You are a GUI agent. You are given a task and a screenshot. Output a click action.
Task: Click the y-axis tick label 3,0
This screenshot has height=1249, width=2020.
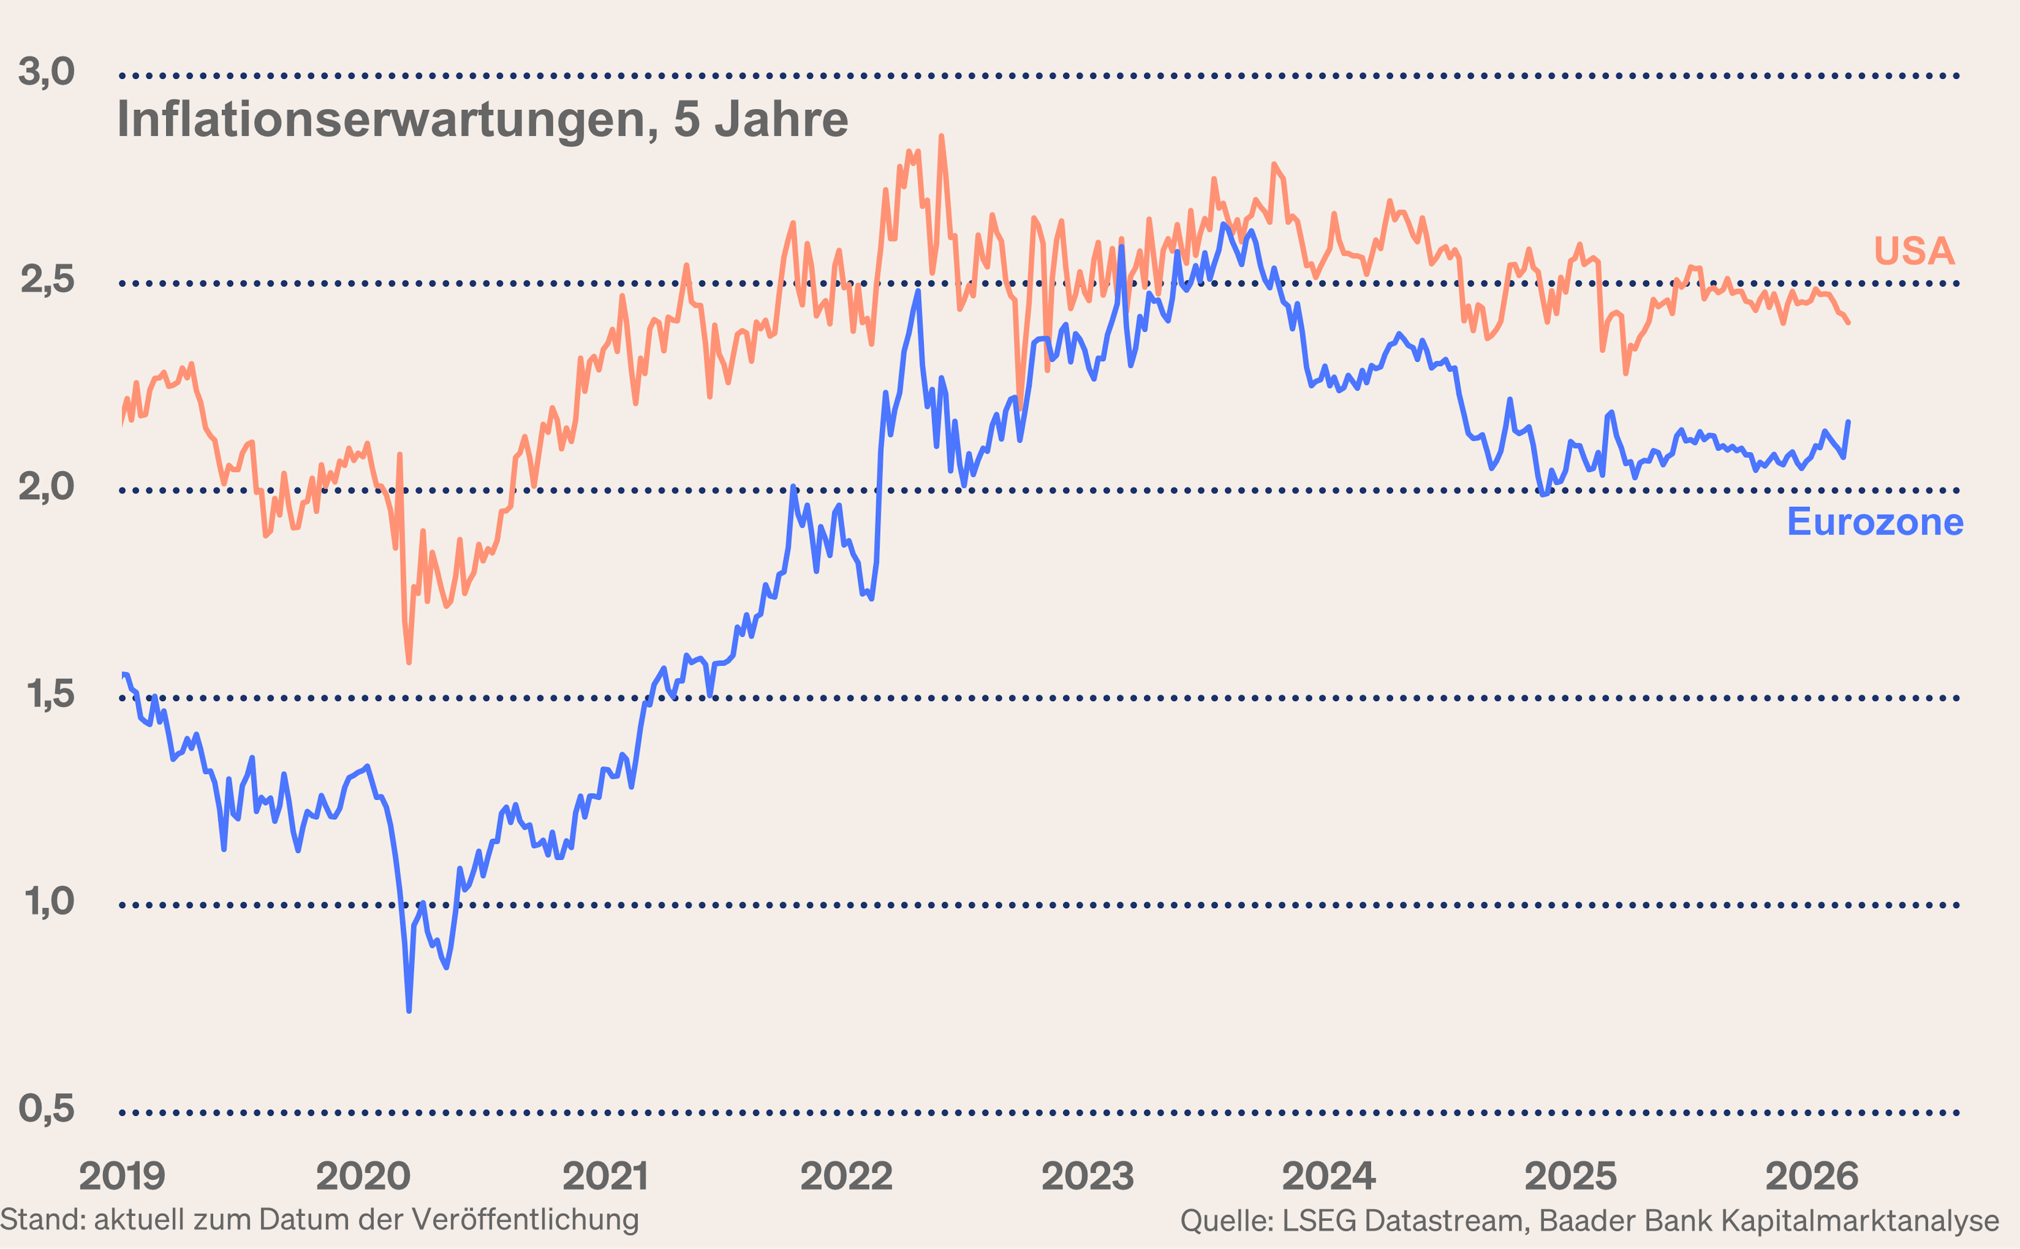46,72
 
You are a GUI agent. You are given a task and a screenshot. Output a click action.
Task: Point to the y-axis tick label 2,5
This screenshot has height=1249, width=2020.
46,280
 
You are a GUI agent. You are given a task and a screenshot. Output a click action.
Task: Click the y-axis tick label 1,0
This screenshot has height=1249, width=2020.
49,901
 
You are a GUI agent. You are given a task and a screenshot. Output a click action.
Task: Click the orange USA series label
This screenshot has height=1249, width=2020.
1913,250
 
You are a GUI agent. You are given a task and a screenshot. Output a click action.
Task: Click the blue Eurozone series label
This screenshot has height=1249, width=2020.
1875,522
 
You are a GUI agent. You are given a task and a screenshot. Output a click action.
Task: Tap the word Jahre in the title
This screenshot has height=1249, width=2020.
781,120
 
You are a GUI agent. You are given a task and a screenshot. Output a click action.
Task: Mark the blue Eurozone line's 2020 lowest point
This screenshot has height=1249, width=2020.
409,1009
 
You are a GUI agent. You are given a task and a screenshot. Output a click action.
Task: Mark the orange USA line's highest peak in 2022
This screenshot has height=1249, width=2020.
941,137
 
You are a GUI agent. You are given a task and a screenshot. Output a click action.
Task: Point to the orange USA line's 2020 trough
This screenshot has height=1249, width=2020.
409,662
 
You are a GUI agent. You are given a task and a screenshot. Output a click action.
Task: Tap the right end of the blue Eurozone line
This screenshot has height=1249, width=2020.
1848,422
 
